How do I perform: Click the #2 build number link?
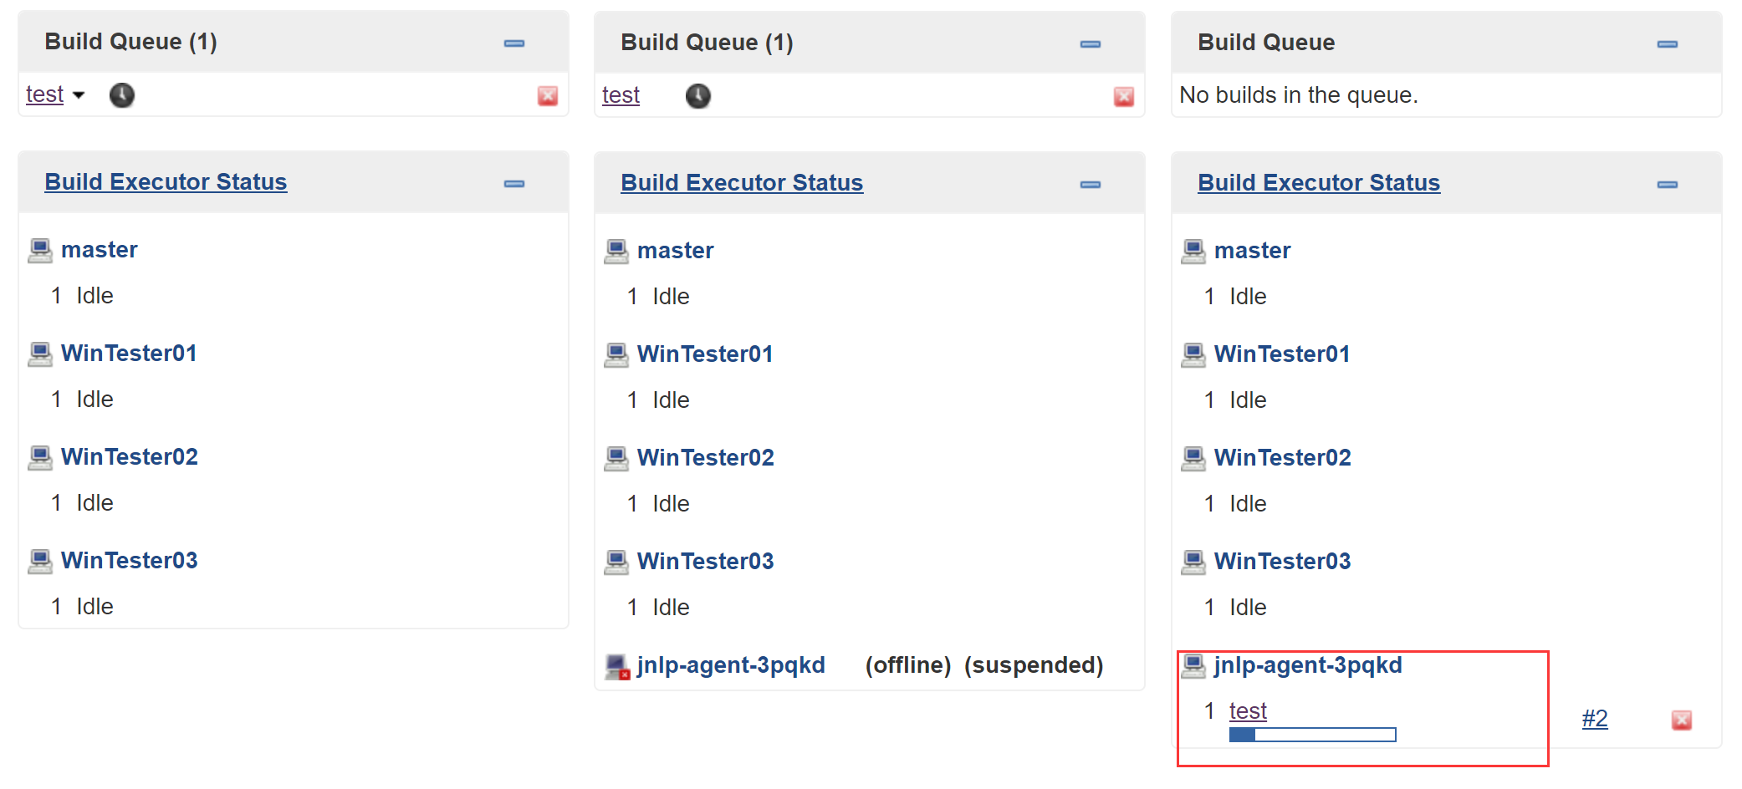pos(1594,719)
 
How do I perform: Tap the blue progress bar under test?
pos(1312,735)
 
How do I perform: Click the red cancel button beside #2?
pos(1681,720)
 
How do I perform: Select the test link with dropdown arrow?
pos(45,94)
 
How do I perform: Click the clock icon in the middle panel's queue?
pos(697,96)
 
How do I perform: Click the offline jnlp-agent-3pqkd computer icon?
pos(617,666)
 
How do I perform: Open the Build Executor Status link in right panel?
pos(1319,183)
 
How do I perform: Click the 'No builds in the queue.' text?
pos(1298,95)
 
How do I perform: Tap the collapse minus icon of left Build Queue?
pos(514,43)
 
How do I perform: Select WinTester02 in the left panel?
pos(130,457)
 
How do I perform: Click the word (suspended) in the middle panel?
pos(1034,665)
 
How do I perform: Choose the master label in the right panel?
pos(1252,251)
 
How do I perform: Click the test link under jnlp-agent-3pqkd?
pos(1248,711)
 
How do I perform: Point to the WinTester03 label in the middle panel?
pos(706,562)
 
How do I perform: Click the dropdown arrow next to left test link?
pos(79,95)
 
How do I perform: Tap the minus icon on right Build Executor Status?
pos(1667,185)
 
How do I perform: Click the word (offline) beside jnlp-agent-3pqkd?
pos(908,665)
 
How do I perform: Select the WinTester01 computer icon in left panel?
pos(40,354)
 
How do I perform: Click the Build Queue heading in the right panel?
pos(1266,43)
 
